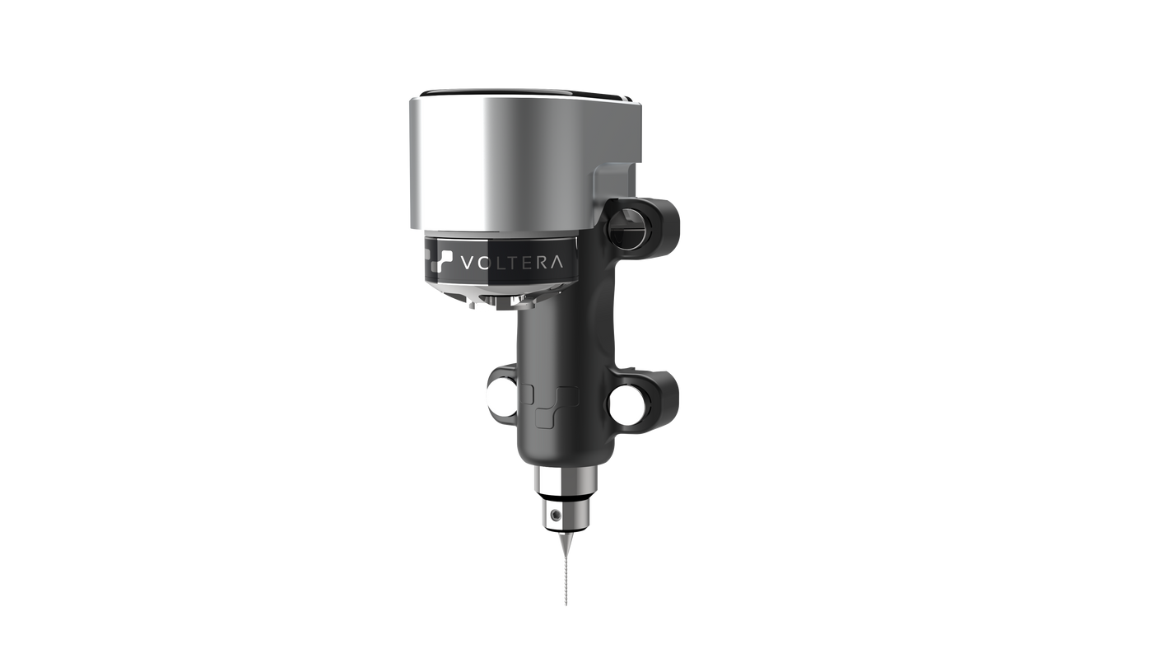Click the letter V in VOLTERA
coord(467,263)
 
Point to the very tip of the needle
coord(565,606)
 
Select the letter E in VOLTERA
coord(527,263)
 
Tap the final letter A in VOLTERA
coord(557,263)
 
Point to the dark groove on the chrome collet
coord(564,497)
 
